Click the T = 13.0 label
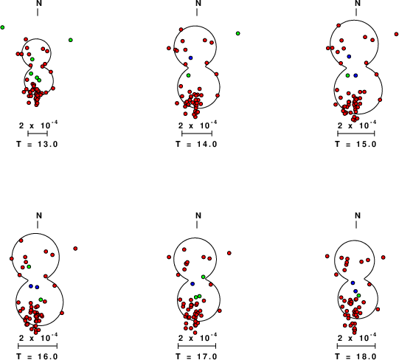click(37, 144)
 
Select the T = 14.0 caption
click(196, 144)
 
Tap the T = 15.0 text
click(355, 144)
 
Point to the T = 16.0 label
click(37, 356)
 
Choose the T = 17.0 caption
click(196, 356)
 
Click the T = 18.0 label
click(355, 356)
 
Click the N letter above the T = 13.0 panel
click(39, 3)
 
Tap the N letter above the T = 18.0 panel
click(358, 215)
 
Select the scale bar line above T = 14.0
click(197, 133)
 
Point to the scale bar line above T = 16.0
click(38, 345)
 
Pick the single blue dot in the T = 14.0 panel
click(190, 58)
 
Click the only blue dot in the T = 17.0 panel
click(192, 283)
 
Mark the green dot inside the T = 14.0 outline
click(188, 75)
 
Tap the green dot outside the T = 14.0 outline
click(238, 33)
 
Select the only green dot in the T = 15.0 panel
click(348, 75)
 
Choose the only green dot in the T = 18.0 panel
click(358, 295)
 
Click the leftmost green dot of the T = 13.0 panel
click(2, 27)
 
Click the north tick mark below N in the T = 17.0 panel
click(197, 224)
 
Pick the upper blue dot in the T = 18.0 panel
click(353, 283)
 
